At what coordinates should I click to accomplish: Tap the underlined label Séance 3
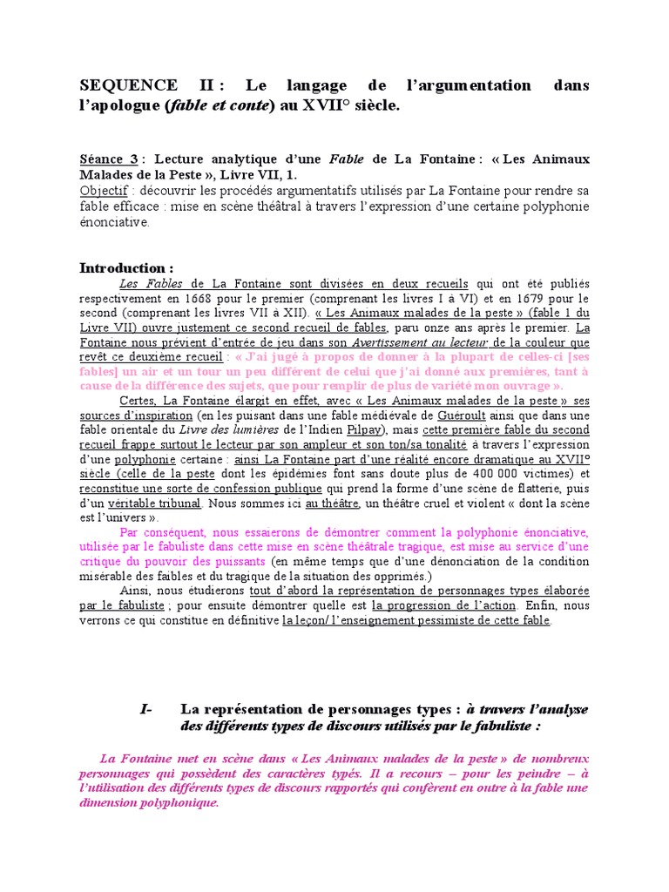[108, 159]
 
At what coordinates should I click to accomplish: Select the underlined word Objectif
[102, 190]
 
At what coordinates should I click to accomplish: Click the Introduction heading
[126, 267]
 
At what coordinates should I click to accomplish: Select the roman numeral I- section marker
[145, 710]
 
